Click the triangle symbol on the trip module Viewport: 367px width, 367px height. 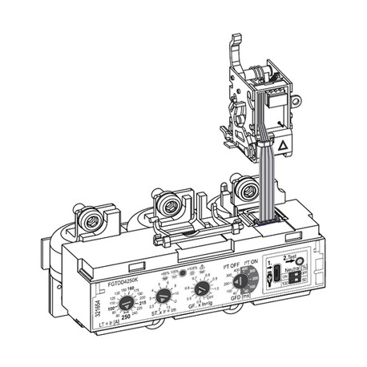(x=282, y=147)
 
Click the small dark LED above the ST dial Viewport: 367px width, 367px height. (x=183, y=272)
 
